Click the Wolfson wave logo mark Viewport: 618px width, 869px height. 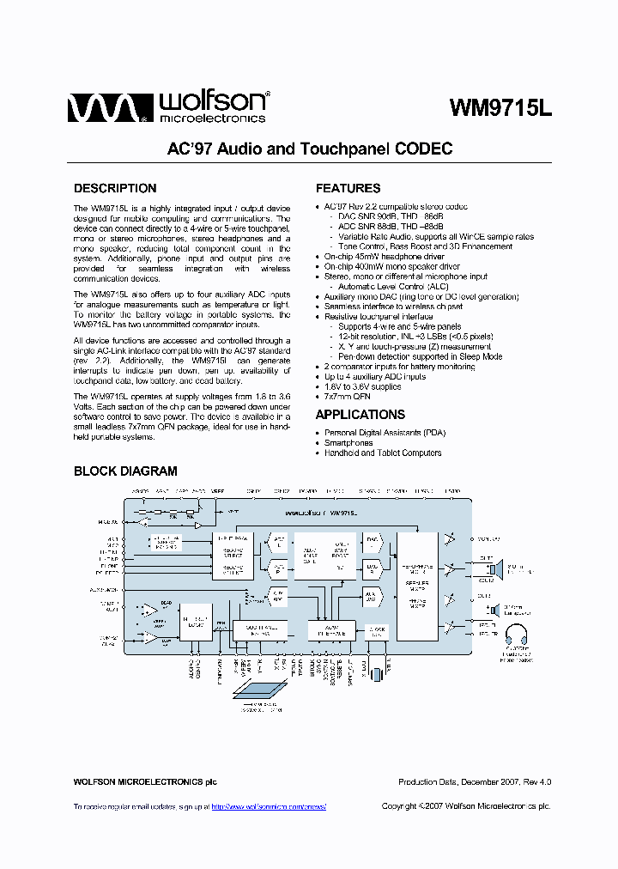coord(102,108)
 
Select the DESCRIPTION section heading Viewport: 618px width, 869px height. coord(115,188)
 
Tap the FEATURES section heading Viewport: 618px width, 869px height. coord(348,188)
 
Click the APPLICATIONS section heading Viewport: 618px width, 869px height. coord(360,415)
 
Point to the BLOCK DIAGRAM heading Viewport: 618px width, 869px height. coord(125,471)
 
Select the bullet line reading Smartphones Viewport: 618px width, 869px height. coord(349,443)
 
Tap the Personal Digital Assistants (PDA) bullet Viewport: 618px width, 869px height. coord(385,433)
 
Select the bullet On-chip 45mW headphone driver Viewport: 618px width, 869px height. coord(384,257)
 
